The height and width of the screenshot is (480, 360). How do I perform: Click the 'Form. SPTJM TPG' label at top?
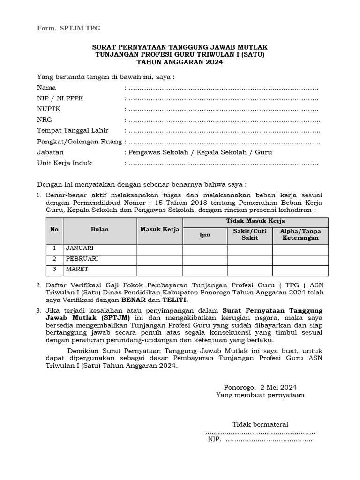[x=68, y=28]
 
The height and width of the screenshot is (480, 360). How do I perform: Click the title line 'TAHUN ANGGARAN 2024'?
[x=180, y=62]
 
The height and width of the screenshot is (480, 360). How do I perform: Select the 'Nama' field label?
[x=46, y=88]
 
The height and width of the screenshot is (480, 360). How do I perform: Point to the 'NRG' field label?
[x=45, y=120]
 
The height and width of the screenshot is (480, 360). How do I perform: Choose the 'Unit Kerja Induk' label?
[x=64, y=163]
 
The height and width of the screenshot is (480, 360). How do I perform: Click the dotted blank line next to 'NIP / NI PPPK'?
[x=223, y=98]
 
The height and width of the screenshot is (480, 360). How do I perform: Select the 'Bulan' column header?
[x=100, y=229]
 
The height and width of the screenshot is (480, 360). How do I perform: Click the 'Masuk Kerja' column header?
[x=159, y=229]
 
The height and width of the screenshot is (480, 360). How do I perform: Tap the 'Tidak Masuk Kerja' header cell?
[x=255, y=221]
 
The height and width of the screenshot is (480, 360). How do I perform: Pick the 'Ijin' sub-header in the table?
[x=205, y=234]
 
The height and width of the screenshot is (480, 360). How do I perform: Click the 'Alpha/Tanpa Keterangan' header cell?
[x=300, y=234]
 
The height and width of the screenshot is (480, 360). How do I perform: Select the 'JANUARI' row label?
[x=80, y=248]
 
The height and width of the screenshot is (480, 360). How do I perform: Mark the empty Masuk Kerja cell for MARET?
[x=159, y=270]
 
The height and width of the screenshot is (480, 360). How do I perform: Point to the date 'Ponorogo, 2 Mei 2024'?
[x=260, y=387]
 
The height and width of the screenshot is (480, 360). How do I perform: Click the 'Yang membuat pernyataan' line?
[x=260, y=395]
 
